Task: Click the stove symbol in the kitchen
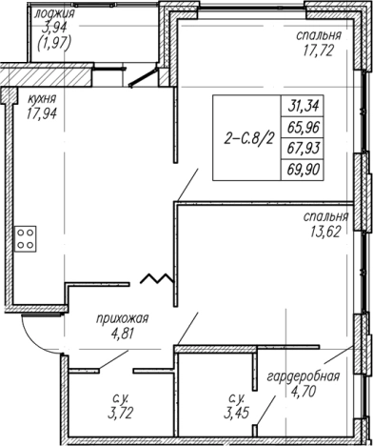click(x=26, y=239)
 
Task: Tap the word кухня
click(x=42, y=99)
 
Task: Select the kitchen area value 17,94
click(x=41, y=113)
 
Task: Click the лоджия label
click(x=54, y=13)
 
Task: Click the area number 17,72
click(x=318, y=51)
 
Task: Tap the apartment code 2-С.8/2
click(x=248, y=139)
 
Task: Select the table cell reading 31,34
click(x=304, y=106)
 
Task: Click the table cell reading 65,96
click(x=304, y=128)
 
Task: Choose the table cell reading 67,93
click(x=304, y=149)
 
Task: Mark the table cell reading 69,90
click(x=304, y=170)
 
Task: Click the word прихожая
click(x=123, y=319)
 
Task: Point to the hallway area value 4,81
click(x=122, y=334)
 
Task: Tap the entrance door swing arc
click(x=35, y=342)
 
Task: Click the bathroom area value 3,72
click(x=120, y=413)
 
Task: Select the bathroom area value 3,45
click(x=235, y=413)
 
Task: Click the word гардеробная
click(x=304, y=376)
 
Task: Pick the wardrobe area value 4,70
click(x=304, y=392)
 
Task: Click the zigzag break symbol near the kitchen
click(x=157, y=278)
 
